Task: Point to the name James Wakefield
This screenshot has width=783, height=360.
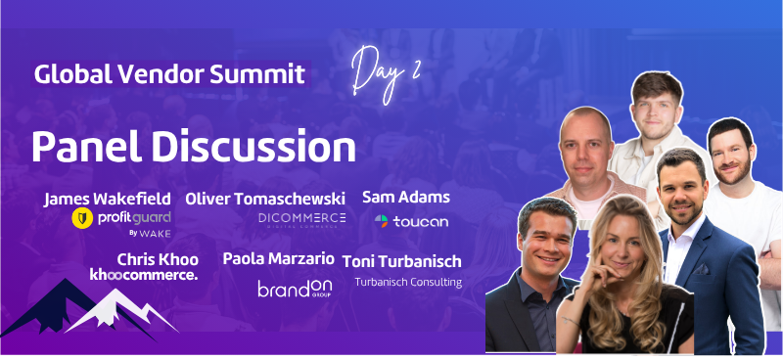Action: [x=109, y=199]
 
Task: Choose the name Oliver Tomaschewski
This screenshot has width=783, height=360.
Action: [x=265, y=199]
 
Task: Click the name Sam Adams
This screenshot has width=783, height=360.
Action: [x=405, y=197]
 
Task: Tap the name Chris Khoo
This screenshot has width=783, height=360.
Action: [x=158, y=259]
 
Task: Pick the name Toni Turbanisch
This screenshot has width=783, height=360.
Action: [x=402, y=261]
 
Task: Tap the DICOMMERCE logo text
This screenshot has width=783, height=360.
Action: [x=302, y=218]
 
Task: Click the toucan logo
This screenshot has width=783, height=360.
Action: [x=411, y=221]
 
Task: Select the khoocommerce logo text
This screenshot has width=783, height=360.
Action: [x=144, y=275]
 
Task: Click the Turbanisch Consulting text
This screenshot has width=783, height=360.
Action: [x=408, y=282]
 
